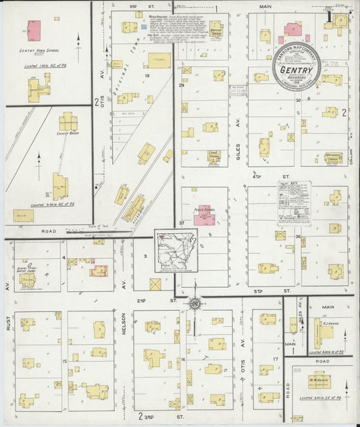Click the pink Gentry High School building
coord(33,30)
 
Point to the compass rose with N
coord(195,303)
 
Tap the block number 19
coord(145,76)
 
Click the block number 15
coord(64,363)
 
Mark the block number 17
coord(276,359)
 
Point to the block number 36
coord(297,236)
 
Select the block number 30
coord(298,100)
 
